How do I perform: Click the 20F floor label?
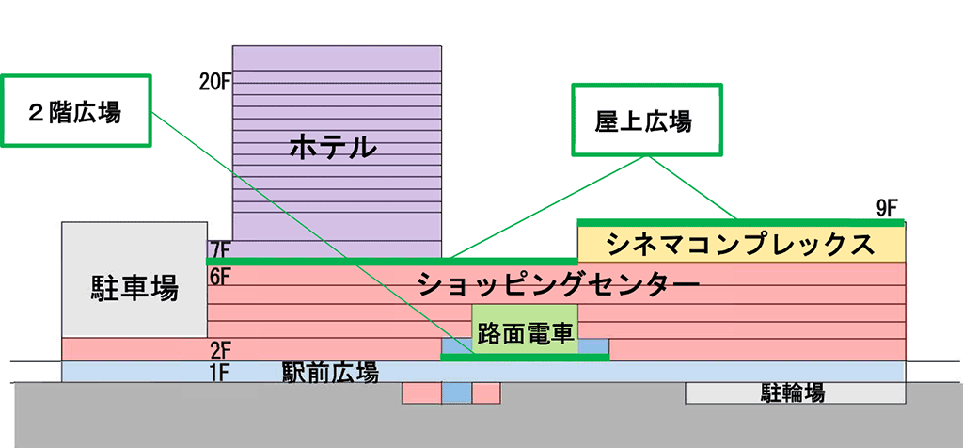click(214, 81)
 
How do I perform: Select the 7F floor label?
click(220, 250)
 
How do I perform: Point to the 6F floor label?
click(220, 276)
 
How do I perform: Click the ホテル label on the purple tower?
click(333, 147)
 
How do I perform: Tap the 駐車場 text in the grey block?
click(134, 286)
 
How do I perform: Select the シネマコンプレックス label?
click(740, 245)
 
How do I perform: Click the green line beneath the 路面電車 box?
click(525, 358)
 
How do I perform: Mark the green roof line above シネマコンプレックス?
click(740, 222)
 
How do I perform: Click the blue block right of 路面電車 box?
click(594, 346)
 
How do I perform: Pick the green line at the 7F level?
click(390, 261)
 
